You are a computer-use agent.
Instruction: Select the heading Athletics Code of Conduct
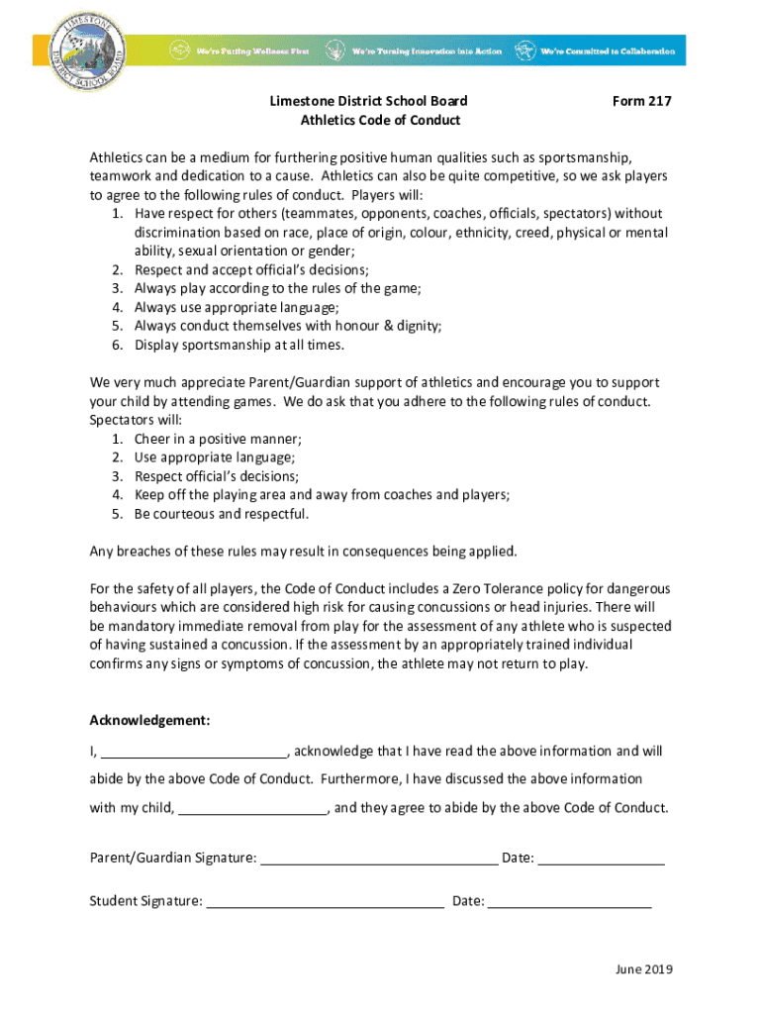381,121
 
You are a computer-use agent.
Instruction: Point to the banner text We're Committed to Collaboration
608,51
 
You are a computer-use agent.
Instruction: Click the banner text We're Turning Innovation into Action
428,51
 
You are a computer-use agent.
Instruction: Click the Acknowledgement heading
149,720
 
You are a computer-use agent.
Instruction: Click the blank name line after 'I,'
194,753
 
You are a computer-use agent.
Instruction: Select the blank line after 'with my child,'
253,809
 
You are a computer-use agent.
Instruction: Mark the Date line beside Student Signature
570,903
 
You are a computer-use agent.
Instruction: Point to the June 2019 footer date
643,970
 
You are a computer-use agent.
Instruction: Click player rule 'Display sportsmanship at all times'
239,345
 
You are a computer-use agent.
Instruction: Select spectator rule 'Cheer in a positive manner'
218,439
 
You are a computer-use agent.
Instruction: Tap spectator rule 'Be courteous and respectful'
222,514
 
